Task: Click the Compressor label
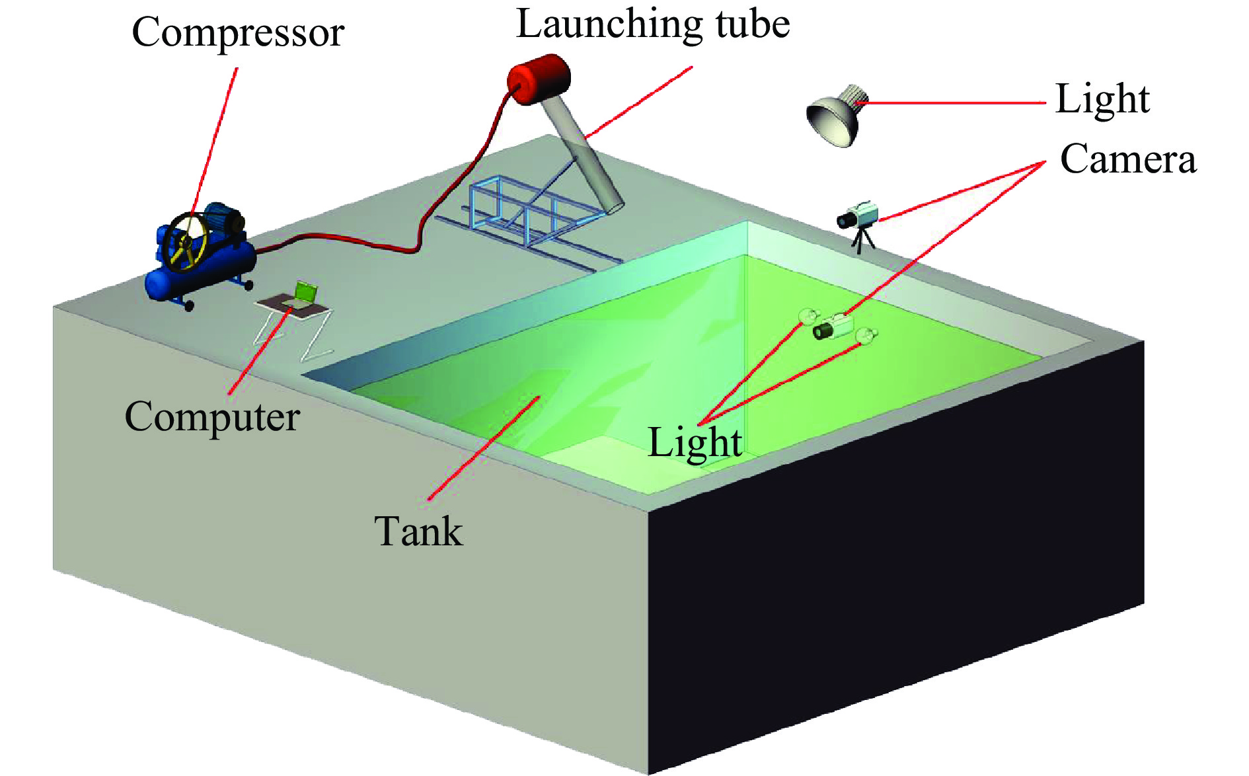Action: point(238,32)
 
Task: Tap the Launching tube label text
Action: point(652,24)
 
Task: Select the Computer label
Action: point(212,416)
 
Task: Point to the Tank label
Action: point(418,531)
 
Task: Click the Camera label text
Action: point(1128,159)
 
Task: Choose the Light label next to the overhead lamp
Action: point(1102,99)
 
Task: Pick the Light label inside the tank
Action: point(695,442)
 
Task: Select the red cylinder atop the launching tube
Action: point(539,79)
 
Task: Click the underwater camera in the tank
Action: point(834,327)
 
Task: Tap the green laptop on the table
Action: point(305,292)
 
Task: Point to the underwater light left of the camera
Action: point(808,316)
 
